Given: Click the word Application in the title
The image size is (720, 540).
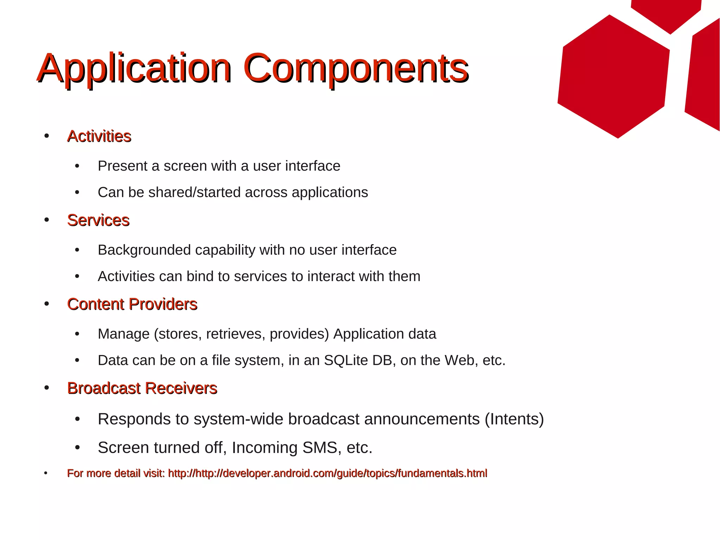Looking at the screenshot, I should [x=134, y=69].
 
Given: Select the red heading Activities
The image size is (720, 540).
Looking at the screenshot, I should [x=99, y=136].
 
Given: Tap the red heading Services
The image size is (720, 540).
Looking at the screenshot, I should [x=98, y=221].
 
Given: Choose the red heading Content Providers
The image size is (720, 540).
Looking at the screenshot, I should [x=132, y=304].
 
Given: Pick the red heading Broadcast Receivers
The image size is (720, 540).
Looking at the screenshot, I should [x=142, y=388].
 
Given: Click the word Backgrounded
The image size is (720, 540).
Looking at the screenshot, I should [x=144, y=250].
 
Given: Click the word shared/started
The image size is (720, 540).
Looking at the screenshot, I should [x=194, y=192].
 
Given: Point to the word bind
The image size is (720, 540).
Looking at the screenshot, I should [x=200, y=277].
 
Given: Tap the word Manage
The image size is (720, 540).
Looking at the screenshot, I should [x=123, y=334].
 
